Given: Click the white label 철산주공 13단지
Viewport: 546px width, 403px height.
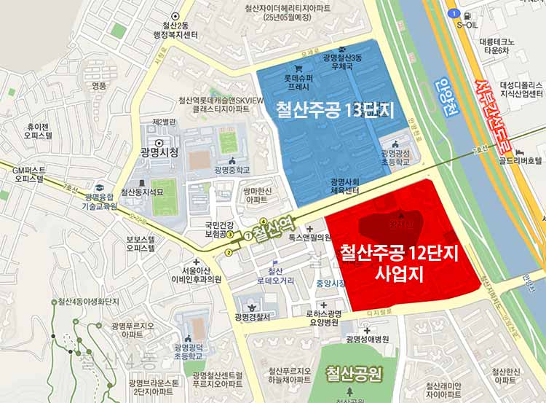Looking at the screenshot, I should [x=334, y=111].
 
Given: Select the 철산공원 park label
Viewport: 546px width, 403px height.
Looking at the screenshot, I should [x=355, y=375].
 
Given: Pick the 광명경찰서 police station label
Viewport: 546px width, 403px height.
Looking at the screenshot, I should [x=253, y=317].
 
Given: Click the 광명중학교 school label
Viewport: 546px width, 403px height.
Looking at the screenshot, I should [x=232, y=170].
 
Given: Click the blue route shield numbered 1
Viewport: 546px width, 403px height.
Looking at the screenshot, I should [x=453, y=13].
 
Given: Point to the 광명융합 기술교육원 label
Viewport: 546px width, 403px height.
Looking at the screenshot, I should [x=100, y=201].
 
